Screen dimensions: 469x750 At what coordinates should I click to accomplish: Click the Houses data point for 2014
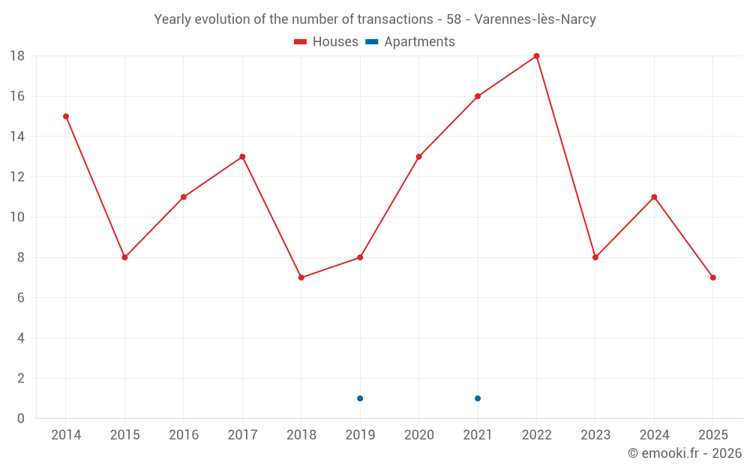coord(66,116)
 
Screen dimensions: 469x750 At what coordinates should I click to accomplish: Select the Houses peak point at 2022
coord(536,56)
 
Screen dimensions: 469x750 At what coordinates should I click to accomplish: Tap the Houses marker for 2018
coord(301,278)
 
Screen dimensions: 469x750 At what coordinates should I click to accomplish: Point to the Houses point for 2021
coord(478,96)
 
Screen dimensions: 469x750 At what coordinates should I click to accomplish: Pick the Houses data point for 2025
coord(712,278)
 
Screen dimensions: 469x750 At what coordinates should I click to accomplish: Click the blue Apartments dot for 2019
coord(360,398)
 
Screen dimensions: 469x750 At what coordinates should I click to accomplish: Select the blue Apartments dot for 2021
coord(478,398)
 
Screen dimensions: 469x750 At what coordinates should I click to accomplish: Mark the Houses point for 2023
coord(595,257)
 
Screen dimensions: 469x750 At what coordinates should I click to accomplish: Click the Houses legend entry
coord(326,42)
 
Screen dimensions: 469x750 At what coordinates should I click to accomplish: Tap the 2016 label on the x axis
coord(184,435)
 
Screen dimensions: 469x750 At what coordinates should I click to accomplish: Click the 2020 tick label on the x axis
coord(418,435)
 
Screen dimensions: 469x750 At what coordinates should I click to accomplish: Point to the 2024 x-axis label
coord(654,435)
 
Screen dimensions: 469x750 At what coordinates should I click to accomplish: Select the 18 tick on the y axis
coord(17,56)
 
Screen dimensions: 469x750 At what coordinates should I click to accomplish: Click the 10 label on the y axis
coord(17,218)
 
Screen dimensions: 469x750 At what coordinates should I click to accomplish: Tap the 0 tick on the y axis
coord(21,419)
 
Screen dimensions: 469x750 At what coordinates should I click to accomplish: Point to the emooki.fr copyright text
coord(685,453)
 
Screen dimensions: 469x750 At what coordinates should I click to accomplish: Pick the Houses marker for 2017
coord(242,157)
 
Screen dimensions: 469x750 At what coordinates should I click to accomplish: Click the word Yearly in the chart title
coord(172,20)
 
